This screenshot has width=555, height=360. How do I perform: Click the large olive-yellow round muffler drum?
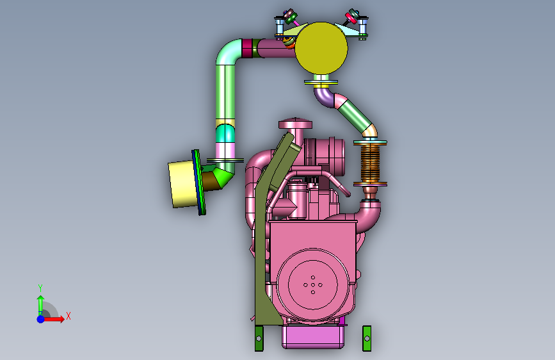(321, 48)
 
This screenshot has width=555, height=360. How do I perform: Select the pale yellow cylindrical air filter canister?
(182, 184)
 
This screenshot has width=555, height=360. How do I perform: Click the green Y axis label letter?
(40, 288)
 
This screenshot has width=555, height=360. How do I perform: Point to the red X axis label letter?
(68, 316)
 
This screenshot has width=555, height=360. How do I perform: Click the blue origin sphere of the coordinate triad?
(41, 319)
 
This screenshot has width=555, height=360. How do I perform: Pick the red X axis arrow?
(53, 319)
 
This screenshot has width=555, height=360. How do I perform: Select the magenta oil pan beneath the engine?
(313, 337)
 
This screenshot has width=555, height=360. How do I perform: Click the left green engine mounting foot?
(259, 339)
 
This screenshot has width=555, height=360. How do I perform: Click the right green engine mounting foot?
(367, 339)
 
